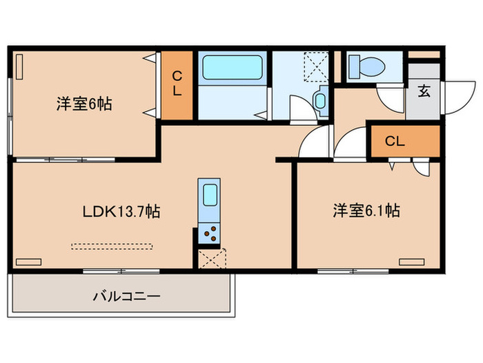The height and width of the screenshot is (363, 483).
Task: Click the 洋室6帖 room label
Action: pos(84,104)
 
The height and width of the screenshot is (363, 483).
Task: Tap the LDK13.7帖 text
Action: pos(121,212)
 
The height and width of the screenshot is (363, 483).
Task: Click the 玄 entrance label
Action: pos(424,92)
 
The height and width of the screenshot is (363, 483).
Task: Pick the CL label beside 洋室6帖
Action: pos(177,84)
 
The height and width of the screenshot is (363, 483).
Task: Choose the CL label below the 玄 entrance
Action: pos(395,142)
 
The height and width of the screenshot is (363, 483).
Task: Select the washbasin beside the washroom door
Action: pos(320,101)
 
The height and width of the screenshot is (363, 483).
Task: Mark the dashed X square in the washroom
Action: pos(316,66)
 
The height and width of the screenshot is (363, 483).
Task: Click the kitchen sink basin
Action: pos(209,194)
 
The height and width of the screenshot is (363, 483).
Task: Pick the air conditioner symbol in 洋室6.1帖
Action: pos(411,261)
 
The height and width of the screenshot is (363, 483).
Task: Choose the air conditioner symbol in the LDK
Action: pos(28,261)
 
